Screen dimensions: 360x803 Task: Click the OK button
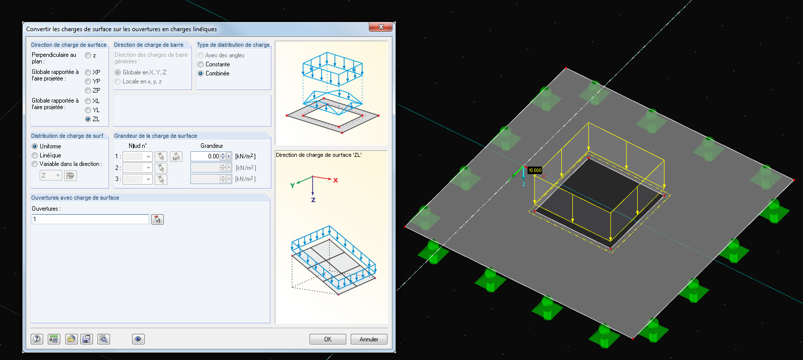[328, 339]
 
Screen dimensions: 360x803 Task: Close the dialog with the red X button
[380, 27]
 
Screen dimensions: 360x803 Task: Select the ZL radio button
[88, 119]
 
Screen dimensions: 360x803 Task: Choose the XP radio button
[88, 72]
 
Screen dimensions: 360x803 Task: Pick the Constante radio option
[200, 64]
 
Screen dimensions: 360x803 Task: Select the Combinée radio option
[200, 73]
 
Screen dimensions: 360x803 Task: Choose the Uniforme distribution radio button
[35, 146]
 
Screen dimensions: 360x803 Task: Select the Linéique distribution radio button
[35, 155]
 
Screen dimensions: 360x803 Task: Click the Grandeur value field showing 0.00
[205, 156]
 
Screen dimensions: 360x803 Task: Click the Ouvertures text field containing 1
[90, 219]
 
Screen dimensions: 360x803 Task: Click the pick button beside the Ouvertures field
[157, 219]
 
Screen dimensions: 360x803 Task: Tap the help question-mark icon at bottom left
[37, 339]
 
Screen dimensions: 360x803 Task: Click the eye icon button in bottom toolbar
[138, 339]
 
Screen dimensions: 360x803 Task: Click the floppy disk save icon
[87, 339]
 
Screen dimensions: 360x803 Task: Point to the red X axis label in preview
[336, 181]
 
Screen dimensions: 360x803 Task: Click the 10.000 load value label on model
[535, 170]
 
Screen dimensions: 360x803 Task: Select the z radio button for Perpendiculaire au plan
[88, 55]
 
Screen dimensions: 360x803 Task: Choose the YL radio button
[88, 110]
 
